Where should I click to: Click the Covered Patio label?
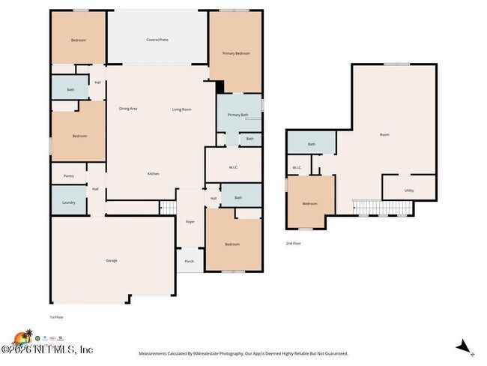157,39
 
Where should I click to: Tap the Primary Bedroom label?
236,53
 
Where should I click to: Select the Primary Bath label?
238,115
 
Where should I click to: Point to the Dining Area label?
128,109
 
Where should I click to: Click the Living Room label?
182,109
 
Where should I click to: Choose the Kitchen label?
153,173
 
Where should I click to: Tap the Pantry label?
68,175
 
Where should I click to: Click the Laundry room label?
68,202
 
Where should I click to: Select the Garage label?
111,260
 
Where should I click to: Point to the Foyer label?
190,221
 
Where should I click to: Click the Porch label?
189,261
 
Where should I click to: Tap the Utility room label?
408,190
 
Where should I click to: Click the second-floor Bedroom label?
309,203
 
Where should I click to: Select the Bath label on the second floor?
311,144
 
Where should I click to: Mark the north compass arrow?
464,346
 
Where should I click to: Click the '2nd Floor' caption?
294,243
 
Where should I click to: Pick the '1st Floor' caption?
57,317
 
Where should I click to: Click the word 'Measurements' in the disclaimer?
155,353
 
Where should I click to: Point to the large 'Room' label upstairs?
384,135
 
